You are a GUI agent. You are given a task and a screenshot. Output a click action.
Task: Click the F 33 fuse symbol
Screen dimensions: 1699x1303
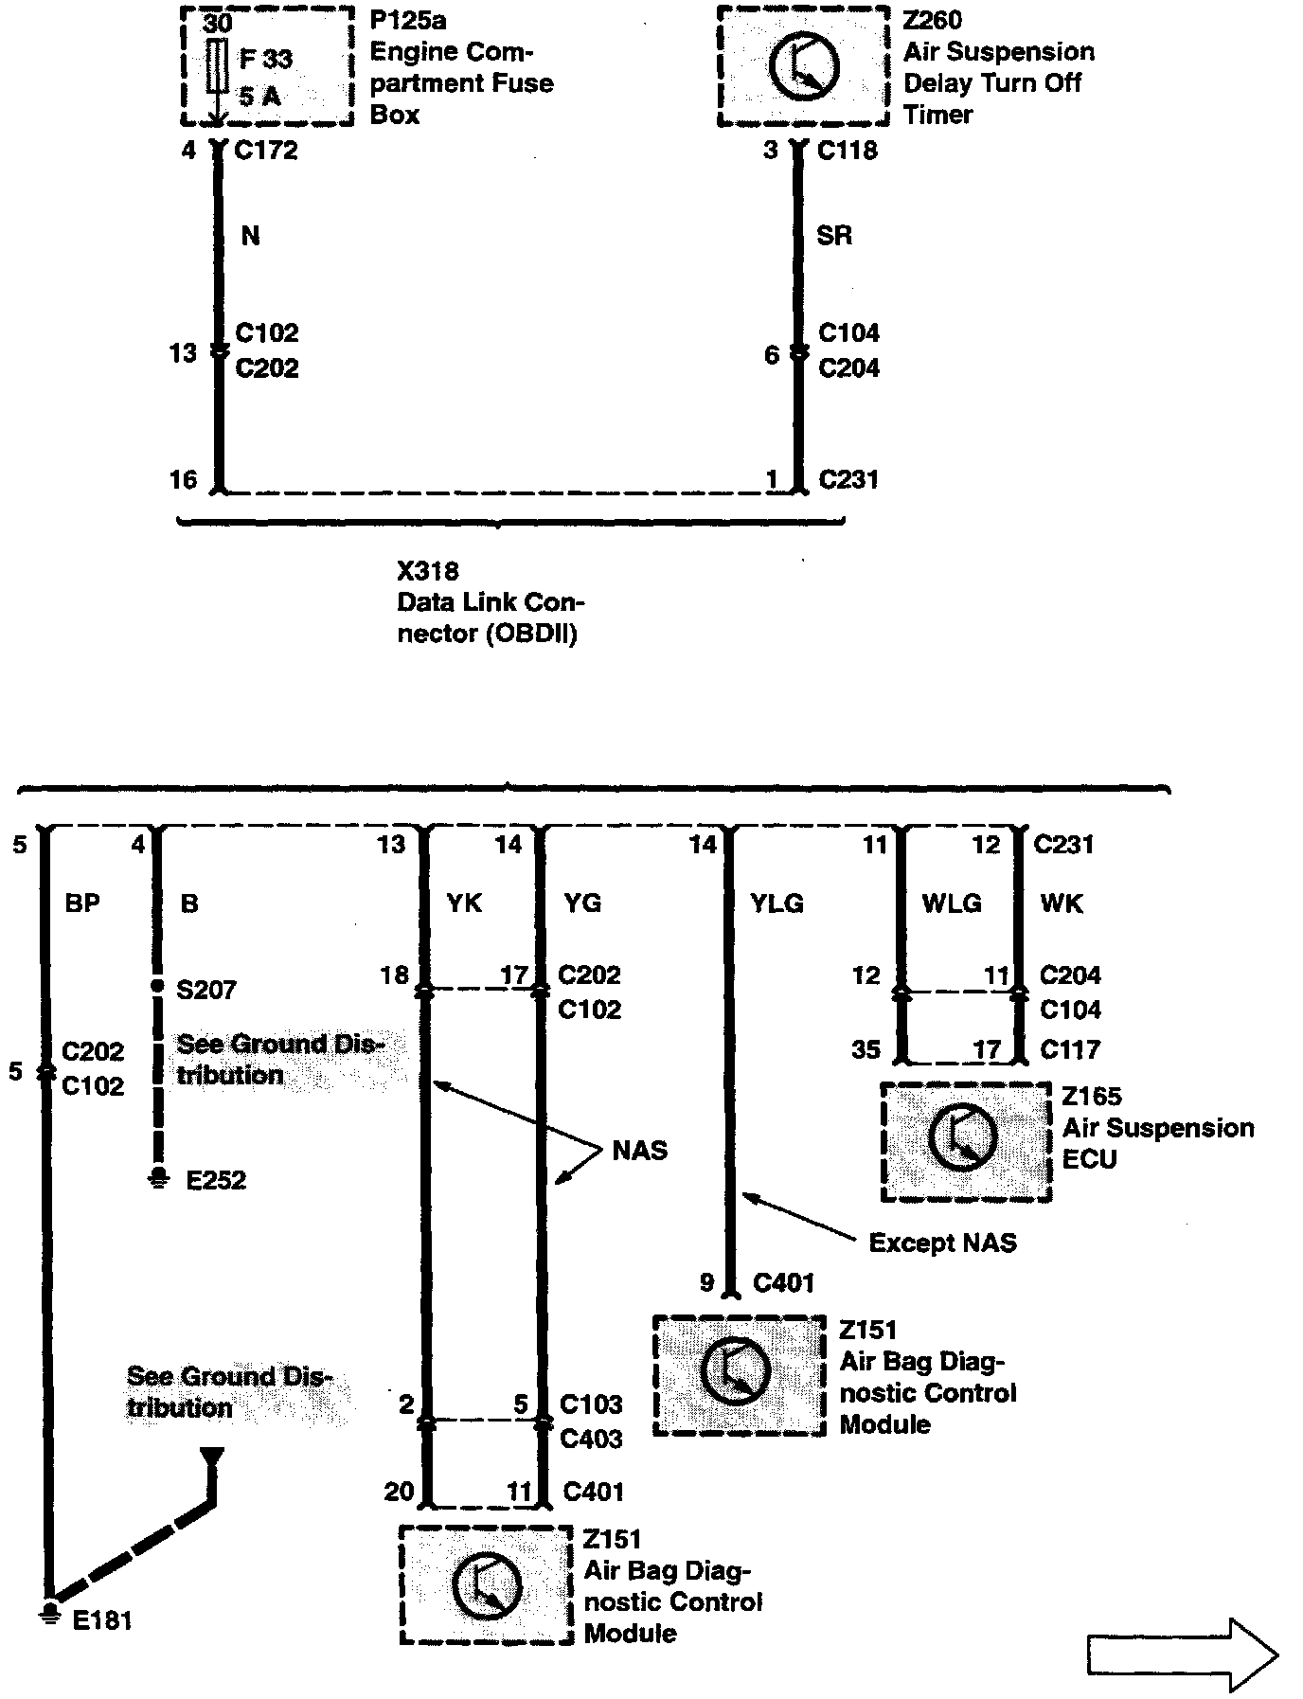(x=217, y=66)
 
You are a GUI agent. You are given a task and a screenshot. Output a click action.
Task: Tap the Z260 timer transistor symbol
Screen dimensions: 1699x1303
(x=803, y=66)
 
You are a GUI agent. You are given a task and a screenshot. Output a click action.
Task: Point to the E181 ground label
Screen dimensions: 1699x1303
(x=102, y=1620)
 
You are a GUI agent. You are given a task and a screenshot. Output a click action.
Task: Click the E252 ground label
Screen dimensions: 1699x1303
(x=216, y=1180)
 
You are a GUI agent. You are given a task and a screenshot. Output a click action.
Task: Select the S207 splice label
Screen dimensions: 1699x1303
(x=206, y=990)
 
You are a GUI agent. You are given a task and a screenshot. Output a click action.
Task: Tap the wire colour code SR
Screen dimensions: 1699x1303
(x=833, y=235)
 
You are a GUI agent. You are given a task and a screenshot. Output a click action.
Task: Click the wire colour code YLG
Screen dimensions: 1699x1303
(x=776, y=903)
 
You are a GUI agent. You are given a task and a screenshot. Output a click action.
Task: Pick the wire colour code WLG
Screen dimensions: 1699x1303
(x=952, y=903)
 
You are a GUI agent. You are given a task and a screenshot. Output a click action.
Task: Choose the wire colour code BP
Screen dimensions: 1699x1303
(x=82, y=903)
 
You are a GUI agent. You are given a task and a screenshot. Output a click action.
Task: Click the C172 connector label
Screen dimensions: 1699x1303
(x=266, y=150)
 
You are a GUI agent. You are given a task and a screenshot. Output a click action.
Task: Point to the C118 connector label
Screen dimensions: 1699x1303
(x=848, y=150)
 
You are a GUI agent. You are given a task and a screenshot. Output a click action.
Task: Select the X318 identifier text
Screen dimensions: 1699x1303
(x=427, y=571)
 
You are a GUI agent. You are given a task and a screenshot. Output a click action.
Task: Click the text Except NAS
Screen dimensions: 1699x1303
(x=942, y=1243)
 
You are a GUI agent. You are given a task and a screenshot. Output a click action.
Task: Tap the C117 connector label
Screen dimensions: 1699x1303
(x=1070, y=1049)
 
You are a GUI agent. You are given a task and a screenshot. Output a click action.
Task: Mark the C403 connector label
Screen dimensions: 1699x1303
(x=591, y=1440)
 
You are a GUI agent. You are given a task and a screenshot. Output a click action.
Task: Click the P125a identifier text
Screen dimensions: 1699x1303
(x=409, y=21)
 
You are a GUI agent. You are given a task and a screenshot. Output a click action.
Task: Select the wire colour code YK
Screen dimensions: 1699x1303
(x=464, y=903)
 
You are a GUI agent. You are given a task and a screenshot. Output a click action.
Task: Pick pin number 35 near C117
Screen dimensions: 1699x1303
(x=866, y=1049)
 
